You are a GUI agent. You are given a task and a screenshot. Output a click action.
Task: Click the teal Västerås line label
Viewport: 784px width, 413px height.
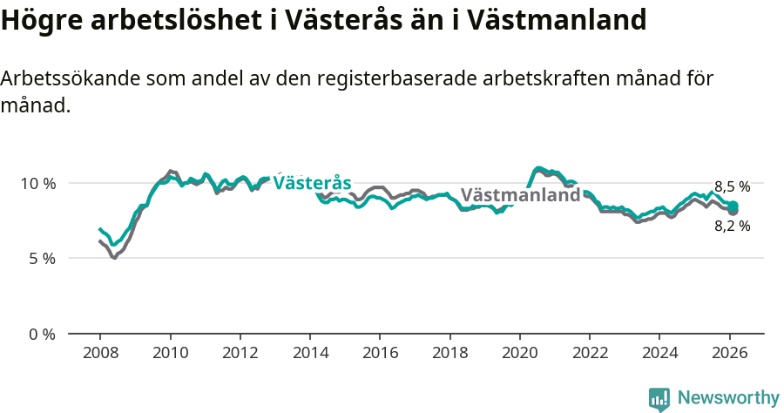coord(312,183)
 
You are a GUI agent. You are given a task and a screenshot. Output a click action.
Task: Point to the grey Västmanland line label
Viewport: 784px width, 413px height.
coord(520,195)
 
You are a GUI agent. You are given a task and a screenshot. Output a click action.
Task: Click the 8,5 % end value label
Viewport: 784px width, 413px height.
coord(732,186)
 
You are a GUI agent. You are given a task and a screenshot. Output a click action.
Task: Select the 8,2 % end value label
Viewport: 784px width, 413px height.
coord(732,226)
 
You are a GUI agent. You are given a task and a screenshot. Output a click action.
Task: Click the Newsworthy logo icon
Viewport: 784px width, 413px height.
coord(659,399)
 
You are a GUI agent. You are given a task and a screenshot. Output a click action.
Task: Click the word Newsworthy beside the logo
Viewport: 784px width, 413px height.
coord(728,398)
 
